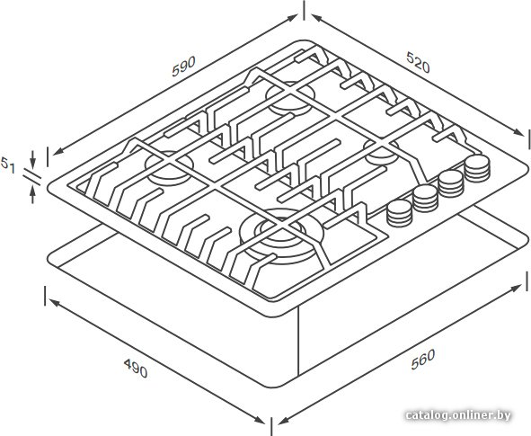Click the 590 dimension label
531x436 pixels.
(x=183, y=67)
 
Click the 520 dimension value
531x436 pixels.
(x=418, y=62)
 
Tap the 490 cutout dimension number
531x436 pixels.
(x=136, y=368)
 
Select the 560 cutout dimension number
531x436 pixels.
(x=423, y=359)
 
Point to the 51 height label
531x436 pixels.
(x=7, y=165)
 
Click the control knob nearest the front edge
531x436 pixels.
(x=400, y=213)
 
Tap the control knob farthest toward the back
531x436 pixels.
(x=477, y=169)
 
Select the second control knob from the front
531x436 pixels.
(x=426, y=199)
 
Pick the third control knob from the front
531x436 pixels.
(x=451, y=183)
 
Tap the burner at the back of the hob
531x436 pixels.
(x=290, y=98)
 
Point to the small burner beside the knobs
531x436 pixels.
(x=382, y=153)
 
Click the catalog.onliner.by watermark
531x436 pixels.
(x=458, y=415)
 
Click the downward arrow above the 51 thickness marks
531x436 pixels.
(x=32, y=159)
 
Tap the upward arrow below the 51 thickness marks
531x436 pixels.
(x=32, y=195)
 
